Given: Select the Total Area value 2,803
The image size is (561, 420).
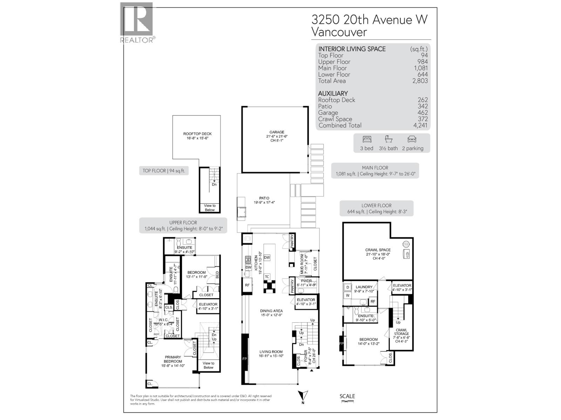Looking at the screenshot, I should pyautogui.click(x=420, y=81).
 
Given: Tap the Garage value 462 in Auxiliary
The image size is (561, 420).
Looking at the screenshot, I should pyautogui.click(x=423, y=113).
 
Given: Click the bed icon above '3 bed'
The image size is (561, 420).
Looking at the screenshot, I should pyautogui.click(x=367, y=139).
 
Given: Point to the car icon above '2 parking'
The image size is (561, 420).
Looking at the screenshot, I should pyautogui.click(x=412, y=139).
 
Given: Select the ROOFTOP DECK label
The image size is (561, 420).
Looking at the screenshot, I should pyautogui.click(x=197, y=134).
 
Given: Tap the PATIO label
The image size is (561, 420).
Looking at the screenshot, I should pyautogui.click(x=264, y=198).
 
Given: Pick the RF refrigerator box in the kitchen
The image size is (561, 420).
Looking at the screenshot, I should pyautogui.click(x=247, y=285).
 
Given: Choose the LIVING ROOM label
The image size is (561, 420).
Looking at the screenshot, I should pyautogui.click(x=271, y=352).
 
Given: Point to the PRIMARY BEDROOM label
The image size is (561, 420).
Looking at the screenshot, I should pyautogui.click(x=173, y=359).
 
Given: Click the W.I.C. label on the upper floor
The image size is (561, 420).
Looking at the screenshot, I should pyautogui.click(x=163, y=320).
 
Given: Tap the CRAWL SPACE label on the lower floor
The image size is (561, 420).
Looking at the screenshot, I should pyautogui.click(x=378, y=250).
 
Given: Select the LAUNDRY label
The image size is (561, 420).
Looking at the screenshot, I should pyautogui.click(x=364, y=287).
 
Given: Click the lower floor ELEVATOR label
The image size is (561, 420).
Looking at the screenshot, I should pyautogui.click(x=402, y=286).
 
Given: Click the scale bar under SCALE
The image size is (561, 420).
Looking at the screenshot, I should pyautogui.click(x=347, y=402).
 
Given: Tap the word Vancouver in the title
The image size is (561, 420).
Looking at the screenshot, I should pyautogui.click(x=339, y=32).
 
